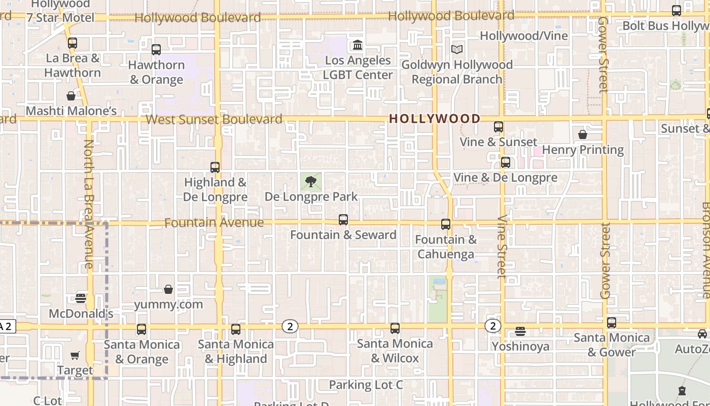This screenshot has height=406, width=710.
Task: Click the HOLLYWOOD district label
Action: (x=435, y=119)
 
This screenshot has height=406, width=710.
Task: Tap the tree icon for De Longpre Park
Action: (x=311, y=181)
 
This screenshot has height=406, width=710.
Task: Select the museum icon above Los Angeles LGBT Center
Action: (x=358, y=45)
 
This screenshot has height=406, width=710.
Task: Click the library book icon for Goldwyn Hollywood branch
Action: (x=457, y=50)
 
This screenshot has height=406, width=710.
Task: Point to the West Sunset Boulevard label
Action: (x=214, y=119)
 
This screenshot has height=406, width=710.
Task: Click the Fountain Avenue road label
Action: (x=214, y=223)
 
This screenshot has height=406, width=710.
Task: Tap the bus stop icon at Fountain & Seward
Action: (x=343, y=220)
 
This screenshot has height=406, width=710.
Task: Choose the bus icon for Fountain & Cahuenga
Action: (x=446, y=224)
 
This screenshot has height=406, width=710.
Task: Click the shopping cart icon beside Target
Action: (x=75, y=356)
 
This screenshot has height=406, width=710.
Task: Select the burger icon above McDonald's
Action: (x=81, y=298)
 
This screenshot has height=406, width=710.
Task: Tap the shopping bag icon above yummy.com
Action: (x=168, y=289)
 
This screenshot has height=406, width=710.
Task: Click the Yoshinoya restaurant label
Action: (x=520, y=346)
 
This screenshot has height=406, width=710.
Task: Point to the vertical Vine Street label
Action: (x=502, y=247)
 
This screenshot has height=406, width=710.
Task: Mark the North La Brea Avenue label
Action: (x=89, y=204)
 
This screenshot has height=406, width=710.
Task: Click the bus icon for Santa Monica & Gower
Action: (x=612, y=323)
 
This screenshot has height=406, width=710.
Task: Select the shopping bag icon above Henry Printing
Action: (x=583, y=134)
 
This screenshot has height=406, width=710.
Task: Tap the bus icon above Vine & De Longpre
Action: (x=505, y=162)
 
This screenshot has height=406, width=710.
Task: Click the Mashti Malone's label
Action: (x=71, y=111)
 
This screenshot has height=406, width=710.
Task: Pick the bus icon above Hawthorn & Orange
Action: (x=156, y=50)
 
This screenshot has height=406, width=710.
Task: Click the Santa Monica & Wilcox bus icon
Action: (x=395, y=328)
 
